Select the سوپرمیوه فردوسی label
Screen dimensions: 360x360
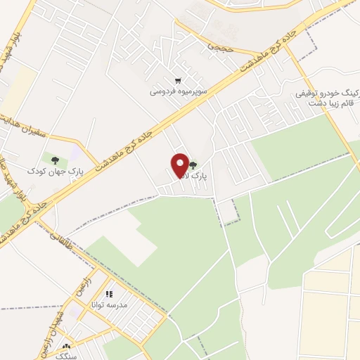click(x=177, y=91)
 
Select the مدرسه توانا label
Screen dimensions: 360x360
click(x=107, y=305)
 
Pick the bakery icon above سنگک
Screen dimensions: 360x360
click(x=67, y=347)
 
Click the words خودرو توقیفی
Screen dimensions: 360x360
click(x=326, y=92)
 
